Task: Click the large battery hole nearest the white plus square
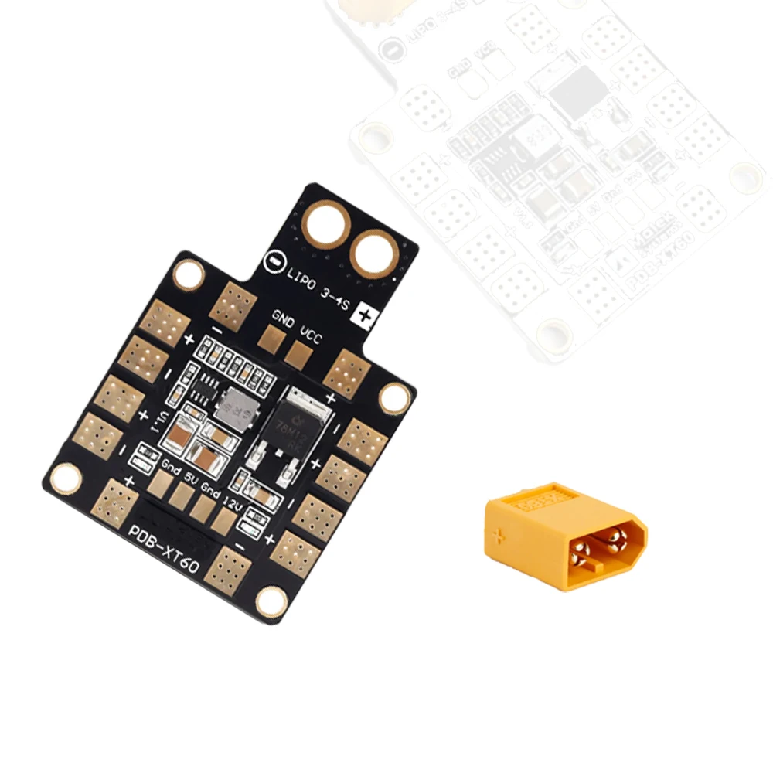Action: coord(375,253)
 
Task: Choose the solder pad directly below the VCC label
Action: coord(297,353)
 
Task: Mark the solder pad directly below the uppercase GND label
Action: coord(271,338)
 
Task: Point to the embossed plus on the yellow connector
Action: coord(500,534)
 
